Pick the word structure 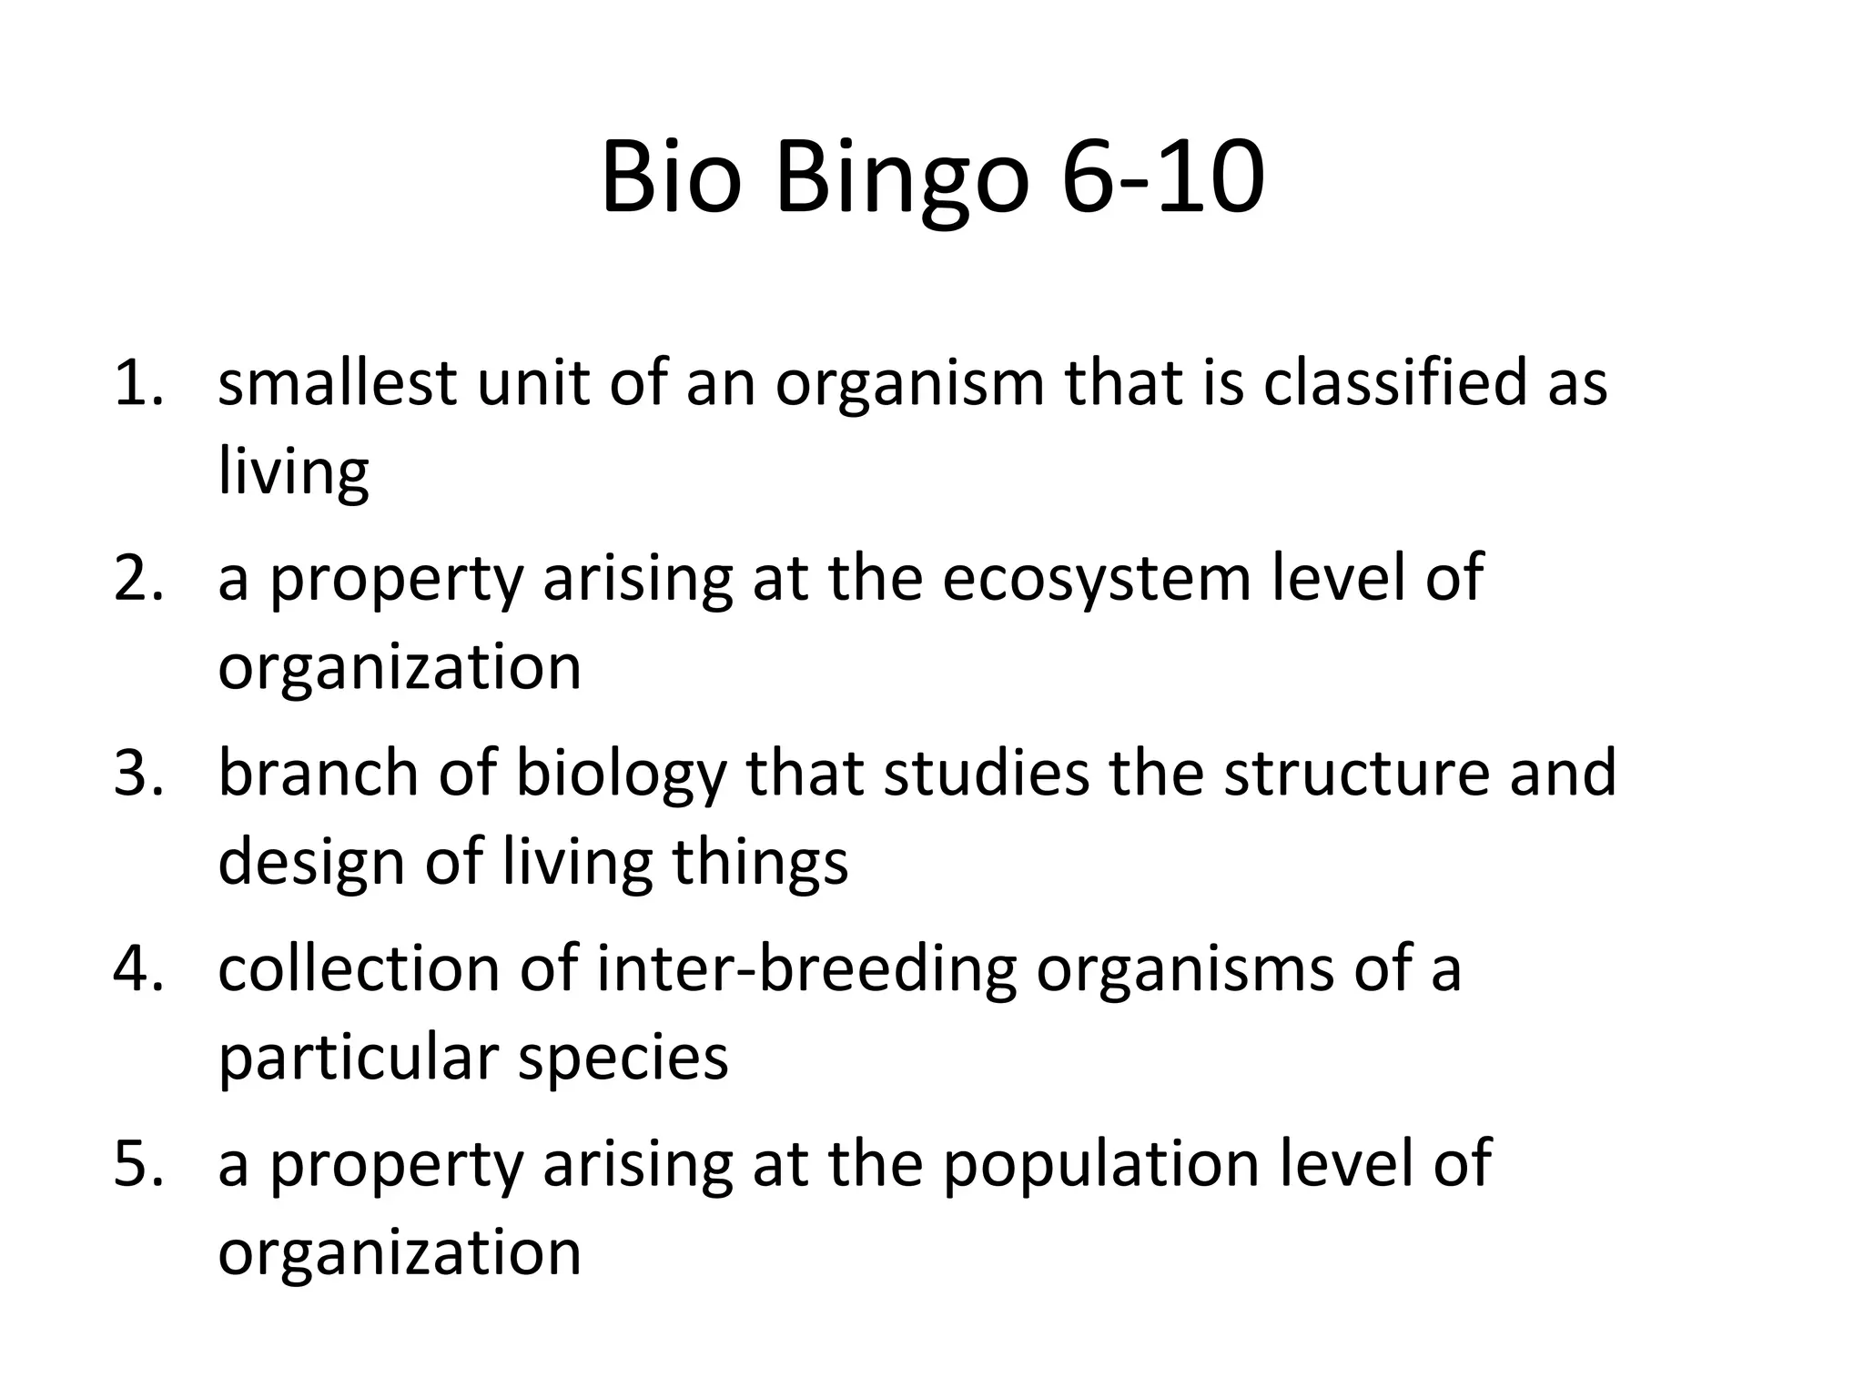[1356, 772]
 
